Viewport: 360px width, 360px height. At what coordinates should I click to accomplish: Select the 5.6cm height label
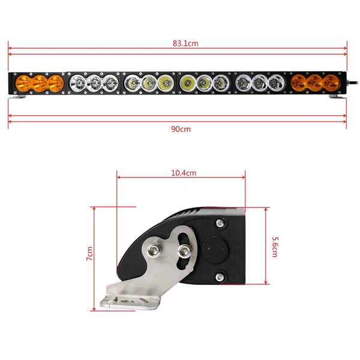pyautogui.click(x=275, y=246)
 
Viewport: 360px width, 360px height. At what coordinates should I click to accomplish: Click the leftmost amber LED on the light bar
pyautogui.click(x=26, y=83)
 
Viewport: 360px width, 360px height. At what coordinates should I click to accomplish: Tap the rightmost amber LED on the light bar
pyautogui.click(x=331, y=83)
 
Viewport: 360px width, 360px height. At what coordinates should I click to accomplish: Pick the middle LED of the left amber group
pyautogui.click(x=41, y=83)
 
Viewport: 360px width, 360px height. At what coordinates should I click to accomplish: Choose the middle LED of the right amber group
pyautogui.click(x=314, y=83)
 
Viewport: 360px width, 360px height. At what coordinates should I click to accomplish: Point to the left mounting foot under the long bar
pyautogui.click(x=22, y=97)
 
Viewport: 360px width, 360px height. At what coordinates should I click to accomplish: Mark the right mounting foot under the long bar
pyautogui.click(x=336, y=97)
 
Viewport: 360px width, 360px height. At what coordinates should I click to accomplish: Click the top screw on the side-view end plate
pyautogui.click(x=220, y=224)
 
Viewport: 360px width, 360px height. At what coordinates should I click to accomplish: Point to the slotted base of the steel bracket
pyautogui.click(x=132, y=298)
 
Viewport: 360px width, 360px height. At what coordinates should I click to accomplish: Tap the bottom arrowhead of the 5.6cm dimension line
pyautogui.click(x=265, y=282)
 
